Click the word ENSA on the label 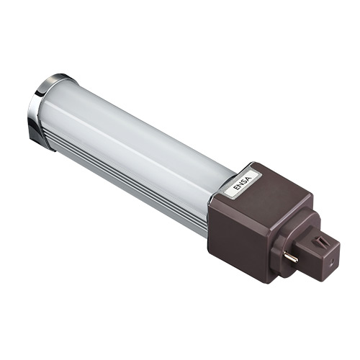[243, 183]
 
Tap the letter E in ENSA [237, 187]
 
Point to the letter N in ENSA [240, 184]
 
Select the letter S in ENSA [245, 181]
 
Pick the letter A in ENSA [248, 179]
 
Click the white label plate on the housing [243, 183]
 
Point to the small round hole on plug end [331, 261]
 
